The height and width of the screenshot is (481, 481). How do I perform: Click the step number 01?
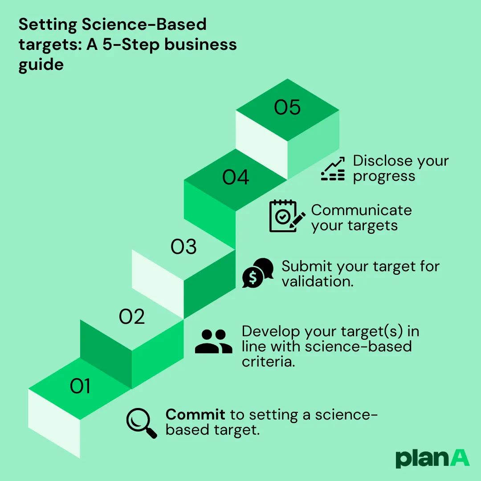pos(80,386)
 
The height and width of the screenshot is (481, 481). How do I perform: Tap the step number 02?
pos(132,317)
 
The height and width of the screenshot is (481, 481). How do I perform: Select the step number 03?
pos(184,247)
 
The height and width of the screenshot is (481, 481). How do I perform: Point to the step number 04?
pos(236,178)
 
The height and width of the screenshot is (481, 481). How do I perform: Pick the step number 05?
pos(287,108)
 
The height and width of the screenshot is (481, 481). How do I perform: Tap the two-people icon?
pos(214,342)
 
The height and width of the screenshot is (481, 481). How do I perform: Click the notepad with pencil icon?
pos(287,216)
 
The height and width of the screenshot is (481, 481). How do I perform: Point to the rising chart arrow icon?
pos(333,169)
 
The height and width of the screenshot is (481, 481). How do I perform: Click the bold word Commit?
pos(195,415)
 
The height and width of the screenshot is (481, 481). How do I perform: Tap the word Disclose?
pos(381,161)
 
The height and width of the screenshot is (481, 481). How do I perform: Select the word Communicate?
pos(361,210)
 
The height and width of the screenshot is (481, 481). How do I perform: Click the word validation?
pos(318,281)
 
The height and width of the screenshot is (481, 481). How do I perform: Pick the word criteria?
pos(268,362)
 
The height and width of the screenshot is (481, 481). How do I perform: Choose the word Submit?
pos(307,266)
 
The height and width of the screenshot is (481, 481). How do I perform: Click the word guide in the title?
pos(41,65)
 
